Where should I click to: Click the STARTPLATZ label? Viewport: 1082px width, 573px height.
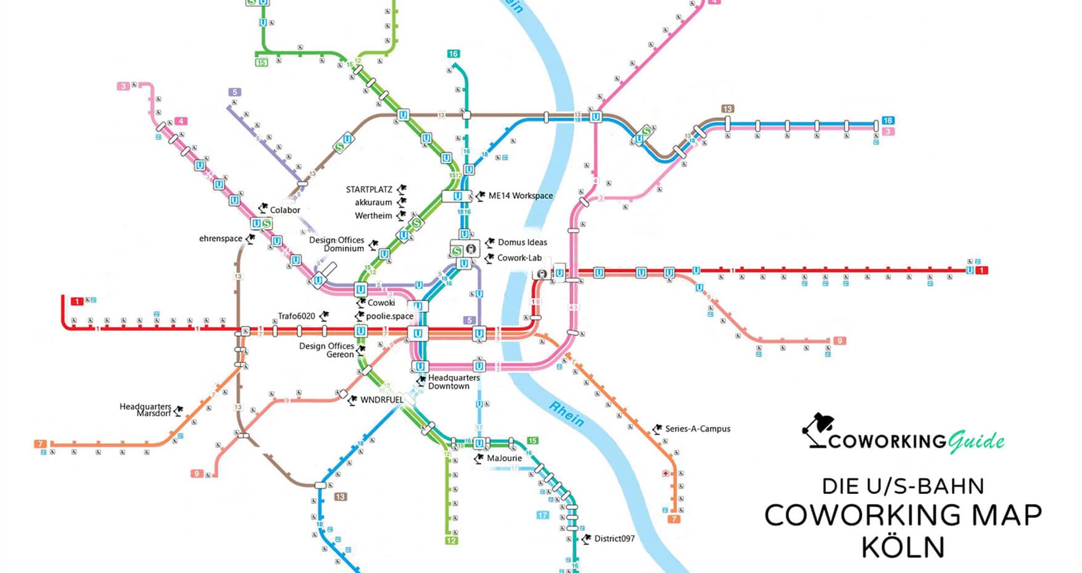tap(369, 190)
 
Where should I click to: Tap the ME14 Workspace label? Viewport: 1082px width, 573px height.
tap(521, 196)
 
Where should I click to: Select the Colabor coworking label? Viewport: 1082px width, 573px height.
tap(285, 210)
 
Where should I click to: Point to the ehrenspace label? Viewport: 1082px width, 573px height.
tap(221, 238)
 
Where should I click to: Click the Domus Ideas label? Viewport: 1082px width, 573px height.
tap(522, 242)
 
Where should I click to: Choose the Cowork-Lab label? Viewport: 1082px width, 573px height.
tap(519, 258)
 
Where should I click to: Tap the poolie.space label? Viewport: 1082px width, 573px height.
tap(390, 316)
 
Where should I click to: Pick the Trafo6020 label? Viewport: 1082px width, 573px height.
tap(296, 316)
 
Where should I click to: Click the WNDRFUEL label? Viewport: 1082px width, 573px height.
tap(382, 399)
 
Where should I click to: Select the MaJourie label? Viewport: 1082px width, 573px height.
tap(505, 458)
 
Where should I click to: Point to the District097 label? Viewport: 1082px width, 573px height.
tap(614, 538)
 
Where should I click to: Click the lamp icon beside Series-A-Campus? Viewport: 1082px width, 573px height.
tap(658, 429)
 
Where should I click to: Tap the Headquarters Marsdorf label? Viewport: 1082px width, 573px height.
tap(146, 410)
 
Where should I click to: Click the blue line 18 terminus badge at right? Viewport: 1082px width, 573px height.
tap(888, 120)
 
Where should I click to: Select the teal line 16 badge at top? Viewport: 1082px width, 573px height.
tap(453, 54)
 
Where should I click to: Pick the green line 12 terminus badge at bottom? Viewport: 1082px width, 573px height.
tap(452, 541)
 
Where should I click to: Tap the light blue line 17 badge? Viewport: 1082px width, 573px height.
tap(543, 515)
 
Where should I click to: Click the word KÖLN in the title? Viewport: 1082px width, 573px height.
tap(903, 547)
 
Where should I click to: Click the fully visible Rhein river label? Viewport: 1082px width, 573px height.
tap(566, 414)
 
